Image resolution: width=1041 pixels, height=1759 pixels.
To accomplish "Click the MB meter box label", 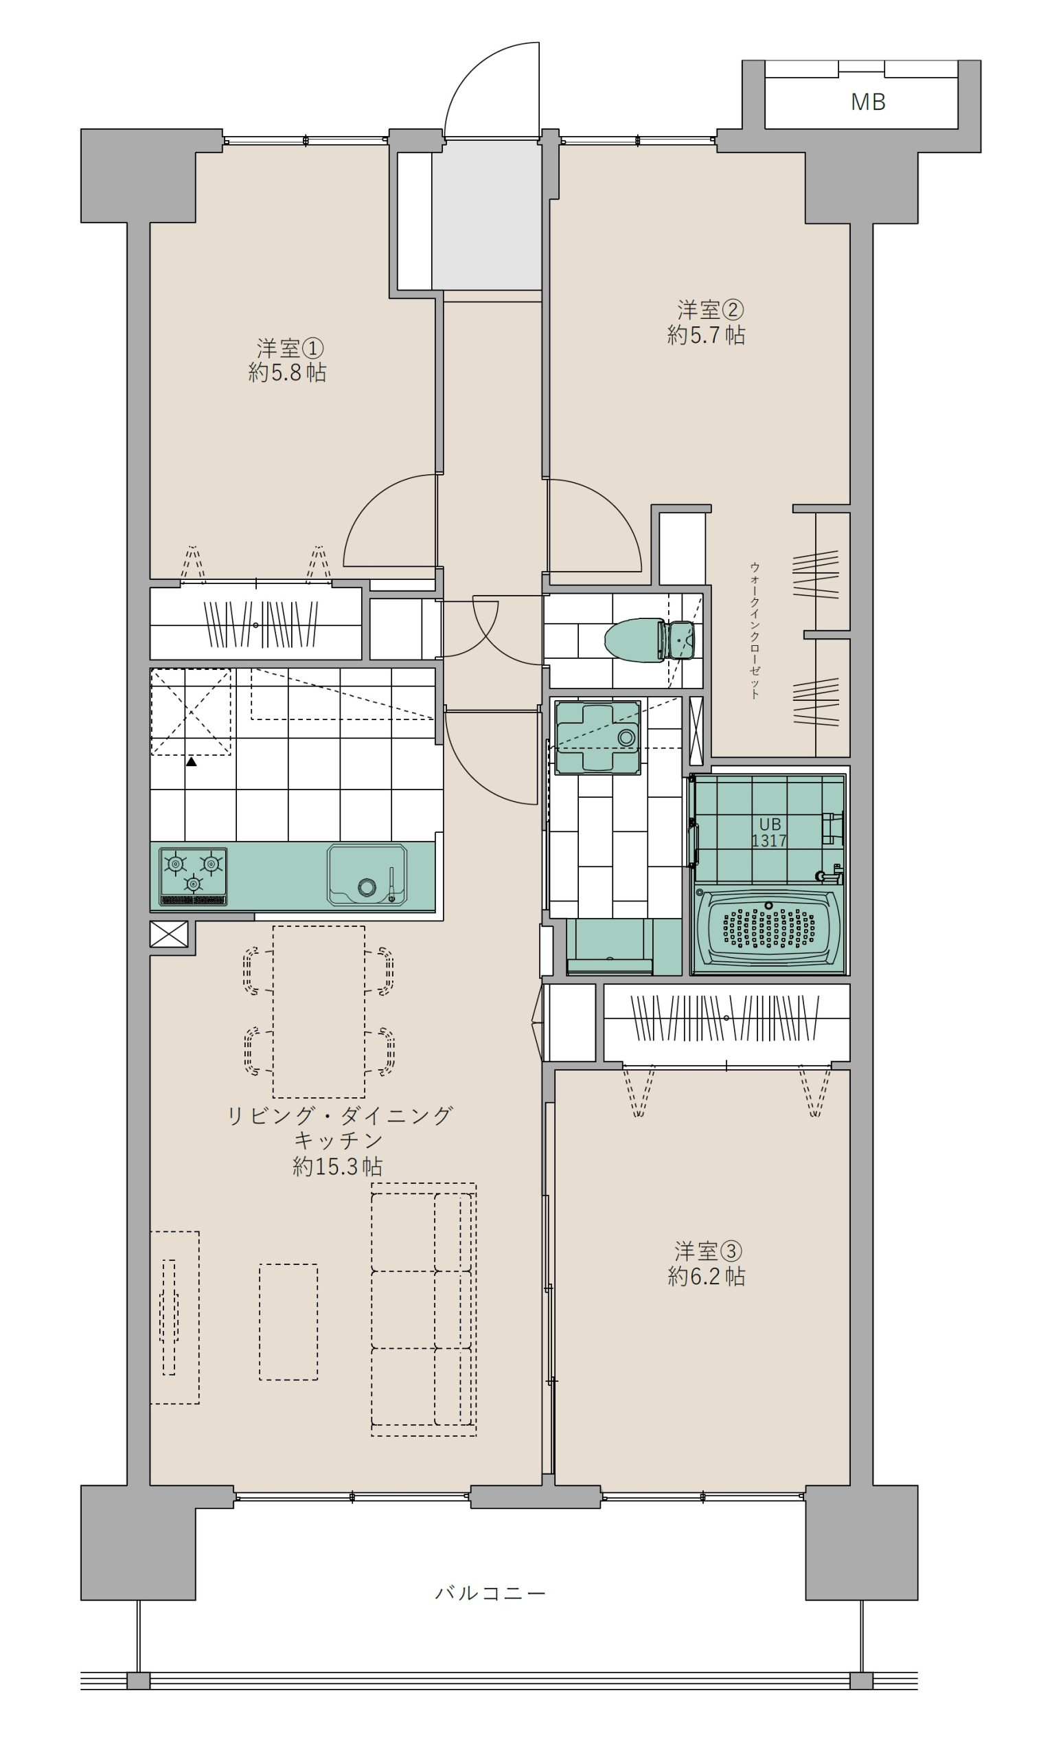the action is tap(868, 102).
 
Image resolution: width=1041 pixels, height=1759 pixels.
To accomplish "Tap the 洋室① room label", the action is tap(290, 348).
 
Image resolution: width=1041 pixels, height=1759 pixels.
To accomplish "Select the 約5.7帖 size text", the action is tap(706, 335).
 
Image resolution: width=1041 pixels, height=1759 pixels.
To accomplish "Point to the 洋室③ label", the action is tap(708, 1251).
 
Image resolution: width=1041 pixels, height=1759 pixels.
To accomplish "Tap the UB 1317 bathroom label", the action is tap(770, 832).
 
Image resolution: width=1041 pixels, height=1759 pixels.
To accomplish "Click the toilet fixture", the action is tap(649, 640).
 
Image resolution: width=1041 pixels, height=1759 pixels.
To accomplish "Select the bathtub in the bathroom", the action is tap(769, 930).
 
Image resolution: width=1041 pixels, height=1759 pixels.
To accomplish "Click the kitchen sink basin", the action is tap(367, 875).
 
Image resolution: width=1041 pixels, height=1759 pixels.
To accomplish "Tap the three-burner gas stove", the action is tap(193, 876).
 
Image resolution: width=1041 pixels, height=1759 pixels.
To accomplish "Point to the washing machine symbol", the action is tap(597, 737).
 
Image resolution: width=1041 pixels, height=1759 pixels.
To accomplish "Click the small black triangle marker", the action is tap(191, 761).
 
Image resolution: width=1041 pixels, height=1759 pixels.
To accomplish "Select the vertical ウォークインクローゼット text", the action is tap(755, 630).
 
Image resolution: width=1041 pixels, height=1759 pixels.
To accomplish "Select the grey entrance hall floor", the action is tap(486, 214).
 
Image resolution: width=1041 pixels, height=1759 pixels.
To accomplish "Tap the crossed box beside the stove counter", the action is tap(169, 934).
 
